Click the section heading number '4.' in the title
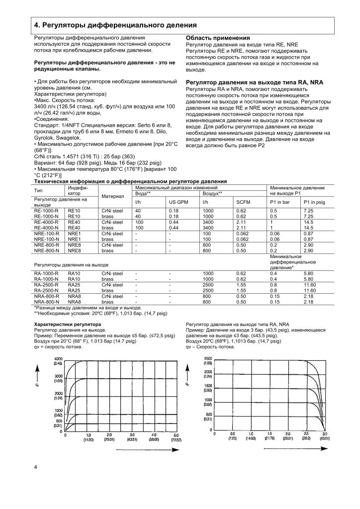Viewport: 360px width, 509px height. [37, 25]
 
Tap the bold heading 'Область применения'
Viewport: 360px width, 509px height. [217, 38]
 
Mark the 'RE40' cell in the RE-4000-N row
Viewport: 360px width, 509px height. [74, 228]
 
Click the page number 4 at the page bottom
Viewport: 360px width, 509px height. [35, 467]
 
